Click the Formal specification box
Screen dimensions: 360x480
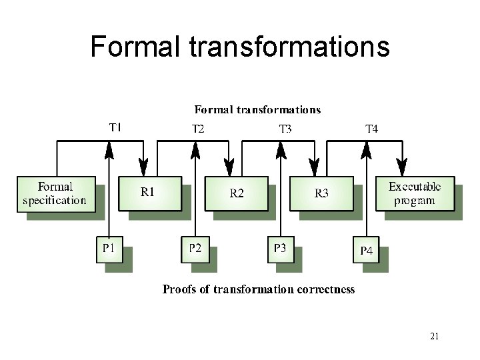[54, 193]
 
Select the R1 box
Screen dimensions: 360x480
[149, 193]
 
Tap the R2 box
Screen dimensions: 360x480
[236, 193]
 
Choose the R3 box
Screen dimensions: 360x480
[321, 193]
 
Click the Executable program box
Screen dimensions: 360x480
[412, 193]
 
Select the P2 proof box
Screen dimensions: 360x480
[195, 249]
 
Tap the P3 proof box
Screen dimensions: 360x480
[281, 249]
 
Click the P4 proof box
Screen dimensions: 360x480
[367, 251]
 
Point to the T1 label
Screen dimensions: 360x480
[115, 126]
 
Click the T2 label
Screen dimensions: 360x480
[199, 129]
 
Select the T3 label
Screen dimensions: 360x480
[285, 129]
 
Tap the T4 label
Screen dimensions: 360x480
[371, 129]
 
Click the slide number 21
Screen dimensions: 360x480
[434, 336]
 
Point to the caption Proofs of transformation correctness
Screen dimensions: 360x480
[259, 289]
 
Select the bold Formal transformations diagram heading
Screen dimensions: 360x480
[257, 109]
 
